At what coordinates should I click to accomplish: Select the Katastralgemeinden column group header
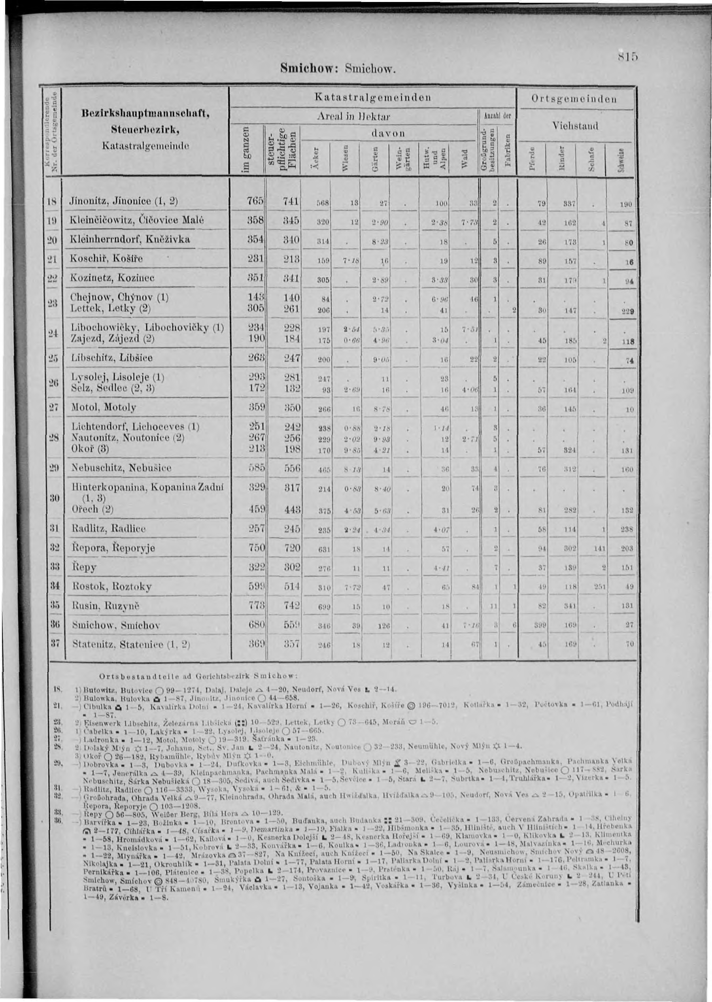pyautogui.click(x=373, y=97)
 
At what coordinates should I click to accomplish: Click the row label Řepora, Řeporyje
pyautogui.click(x=113, y=548)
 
